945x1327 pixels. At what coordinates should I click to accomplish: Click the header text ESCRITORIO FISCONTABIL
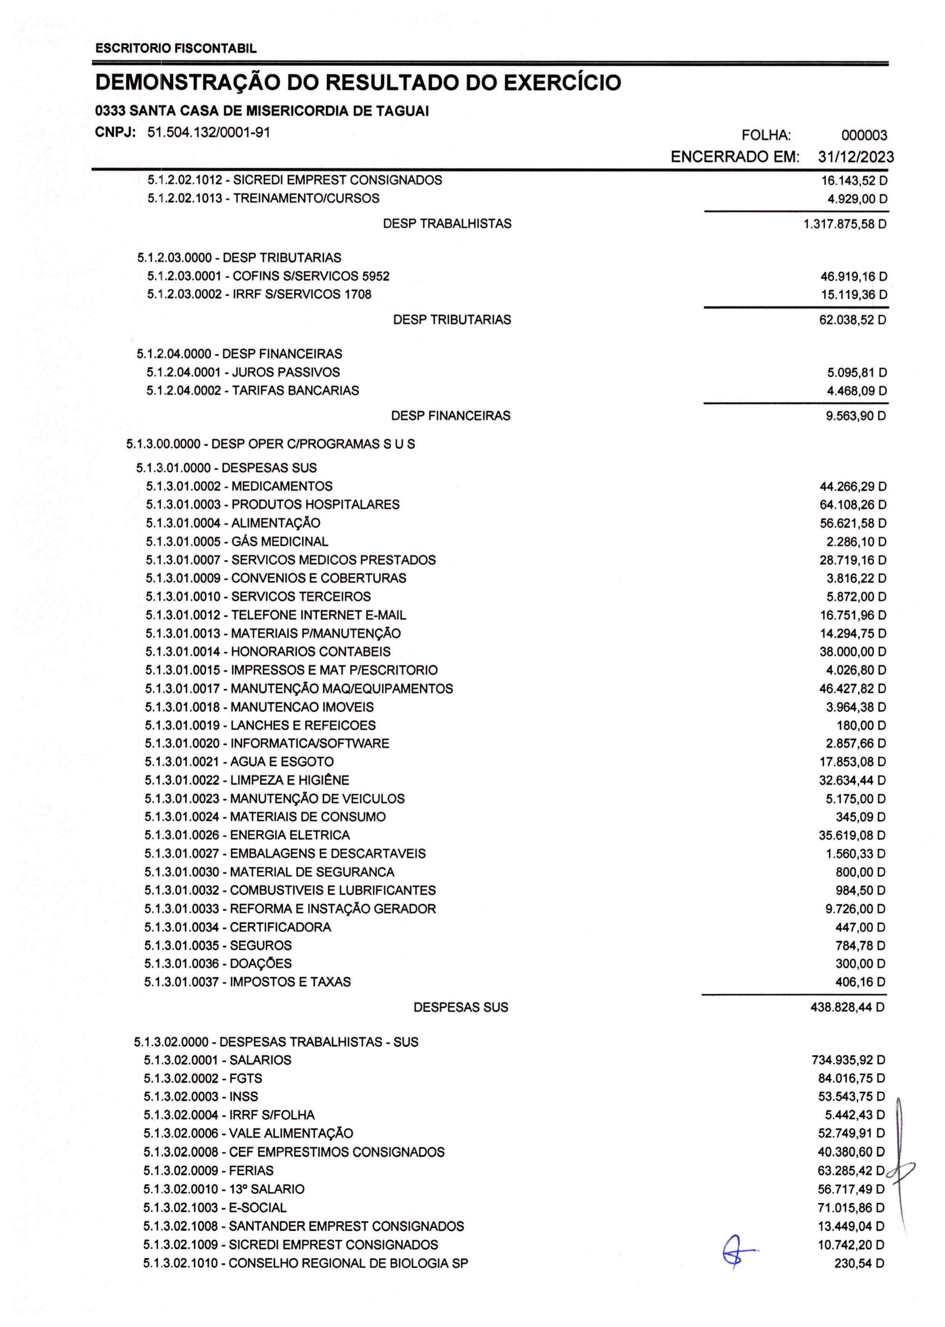point(176,49)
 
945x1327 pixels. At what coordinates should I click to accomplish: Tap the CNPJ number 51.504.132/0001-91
point(208,133)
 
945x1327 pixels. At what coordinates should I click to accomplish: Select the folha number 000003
point(864,136)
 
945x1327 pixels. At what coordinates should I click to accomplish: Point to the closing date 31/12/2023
point(855,157)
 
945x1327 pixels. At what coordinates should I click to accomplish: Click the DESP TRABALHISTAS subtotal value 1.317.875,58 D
point(845,224)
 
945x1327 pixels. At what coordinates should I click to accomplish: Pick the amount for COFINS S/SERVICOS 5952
point(854,277)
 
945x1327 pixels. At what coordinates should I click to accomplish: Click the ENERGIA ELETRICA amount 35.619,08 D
point(852,836)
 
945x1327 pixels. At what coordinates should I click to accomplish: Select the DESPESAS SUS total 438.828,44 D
point(847,1007)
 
